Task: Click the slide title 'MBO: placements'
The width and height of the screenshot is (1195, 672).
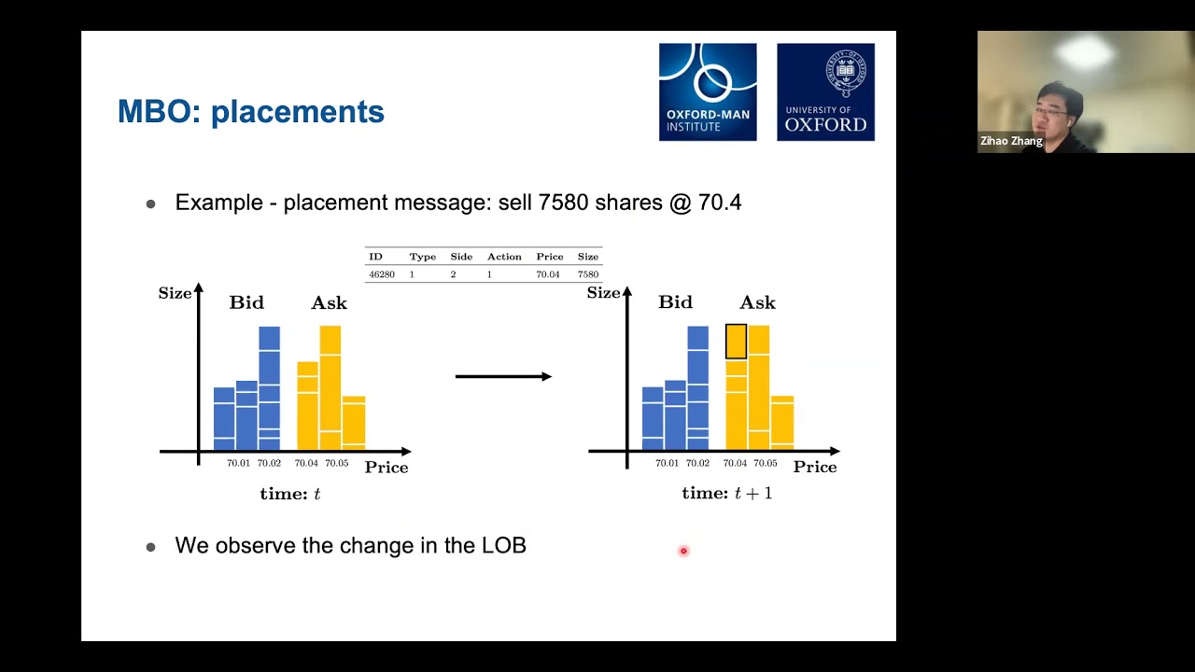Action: click(250, 112)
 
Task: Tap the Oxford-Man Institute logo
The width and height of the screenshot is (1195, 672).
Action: click(708, 91)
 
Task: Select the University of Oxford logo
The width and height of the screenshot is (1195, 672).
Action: click(825, 91)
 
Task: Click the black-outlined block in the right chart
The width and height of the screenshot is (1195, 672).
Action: click(736, 342)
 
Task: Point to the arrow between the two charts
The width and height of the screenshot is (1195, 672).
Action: click(503, 376)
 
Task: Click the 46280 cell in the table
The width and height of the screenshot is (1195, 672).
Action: click(381, 274)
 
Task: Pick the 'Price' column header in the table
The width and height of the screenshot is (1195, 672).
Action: click(549, 257)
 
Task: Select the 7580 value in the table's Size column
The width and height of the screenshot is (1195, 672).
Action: click(587, 274)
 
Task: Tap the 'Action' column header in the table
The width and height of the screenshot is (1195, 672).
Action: click(503, 257)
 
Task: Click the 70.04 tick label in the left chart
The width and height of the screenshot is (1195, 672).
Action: click(306, 463)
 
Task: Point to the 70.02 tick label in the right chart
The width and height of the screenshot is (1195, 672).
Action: click(697, 463)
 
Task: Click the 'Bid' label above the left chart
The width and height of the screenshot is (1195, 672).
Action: click(246, 302)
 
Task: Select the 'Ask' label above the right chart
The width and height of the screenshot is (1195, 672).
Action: click(757, 302)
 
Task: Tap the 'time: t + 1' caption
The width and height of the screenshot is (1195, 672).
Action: click(726, 494)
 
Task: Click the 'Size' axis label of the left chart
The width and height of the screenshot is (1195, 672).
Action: click(175, 293)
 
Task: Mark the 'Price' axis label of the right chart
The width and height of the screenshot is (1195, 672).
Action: click(814, 467)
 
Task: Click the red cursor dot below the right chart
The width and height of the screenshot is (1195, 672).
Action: click(683, 551)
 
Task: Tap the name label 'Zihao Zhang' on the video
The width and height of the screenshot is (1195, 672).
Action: click(1011, 141)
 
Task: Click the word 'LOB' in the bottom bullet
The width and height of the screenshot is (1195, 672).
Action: click(503, 545)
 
